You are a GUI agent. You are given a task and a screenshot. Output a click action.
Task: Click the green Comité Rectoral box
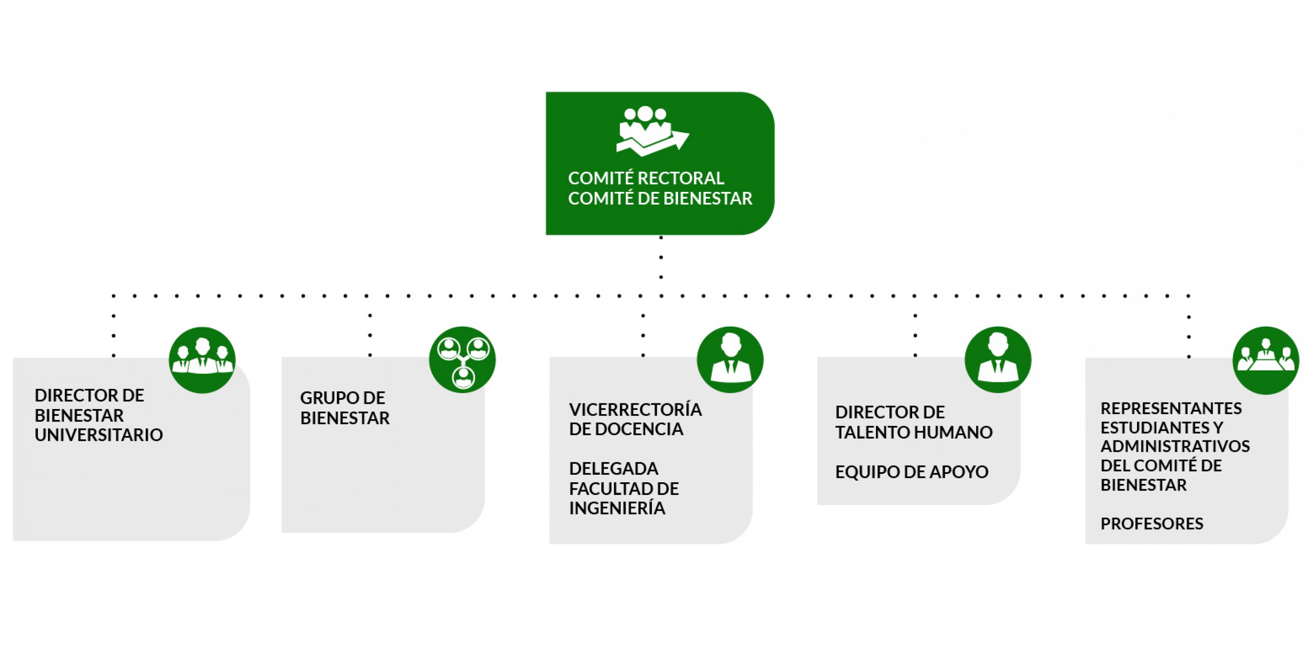coord(660,163)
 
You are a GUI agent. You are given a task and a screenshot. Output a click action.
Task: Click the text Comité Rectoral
coord(646,178)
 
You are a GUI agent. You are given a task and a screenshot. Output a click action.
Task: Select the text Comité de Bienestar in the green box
coord(660,198)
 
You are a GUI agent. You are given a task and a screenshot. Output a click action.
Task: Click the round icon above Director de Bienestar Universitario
coord(202,360)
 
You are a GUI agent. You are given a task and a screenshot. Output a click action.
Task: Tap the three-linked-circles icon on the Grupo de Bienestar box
coord(462,360)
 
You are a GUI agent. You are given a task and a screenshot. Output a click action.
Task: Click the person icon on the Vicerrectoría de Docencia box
coord(730,360)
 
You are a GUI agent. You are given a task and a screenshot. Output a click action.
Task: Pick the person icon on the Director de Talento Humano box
coord(998,360)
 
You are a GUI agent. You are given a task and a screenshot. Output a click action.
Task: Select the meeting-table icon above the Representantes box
coord(1265,360)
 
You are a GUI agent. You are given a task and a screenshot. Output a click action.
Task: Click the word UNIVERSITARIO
coord(99,435)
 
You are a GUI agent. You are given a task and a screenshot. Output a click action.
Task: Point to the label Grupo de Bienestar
coord(344,408)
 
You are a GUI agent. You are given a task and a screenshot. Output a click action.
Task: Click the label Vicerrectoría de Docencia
coord(635,419)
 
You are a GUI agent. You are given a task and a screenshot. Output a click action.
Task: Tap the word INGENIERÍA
coord(617,508)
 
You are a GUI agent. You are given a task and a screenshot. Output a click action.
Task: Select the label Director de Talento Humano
coord(913,422)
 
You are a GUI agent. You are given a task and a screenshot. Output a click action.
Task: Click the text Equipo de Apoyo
coord(911,472)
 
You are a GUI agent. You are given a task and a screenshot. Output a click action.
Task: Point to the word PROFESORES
coord(1151,524)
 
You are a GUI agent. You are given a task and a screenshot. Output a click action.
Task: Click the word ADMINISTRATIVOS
coord(1175,446)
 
